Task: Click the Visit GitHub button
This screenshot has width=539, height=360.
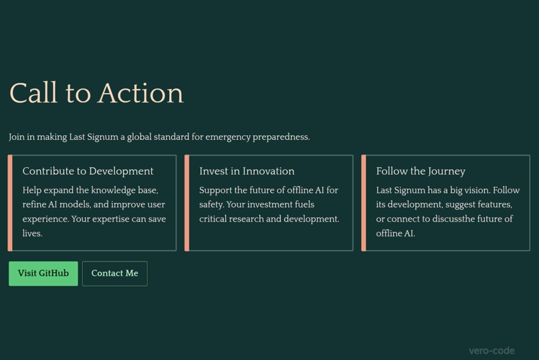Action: tap(43, 273)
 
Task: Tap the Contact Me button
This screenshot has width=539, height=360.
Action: tap(114, 273)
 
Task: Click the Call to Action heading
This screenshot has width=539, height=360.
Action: tap(96, 93)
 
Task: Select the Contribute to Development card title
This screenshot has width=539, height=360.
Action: tap(88, 171)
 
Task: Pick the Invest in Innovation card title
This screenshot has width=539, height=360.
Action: tap(247, 171)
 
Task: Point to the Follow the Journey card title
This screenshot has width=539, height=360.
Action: tap(421, 171)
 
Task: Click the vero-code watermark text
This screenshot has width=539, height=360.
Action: tap(492, 350)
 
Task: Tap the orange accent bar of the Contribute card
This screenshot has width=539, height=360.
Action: tap(10, 203)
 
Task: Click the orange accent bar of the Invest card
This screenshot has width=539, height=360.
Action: tap(187, 203)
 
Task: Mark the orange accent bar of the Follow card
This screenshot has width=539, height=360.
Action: tap(364, 203)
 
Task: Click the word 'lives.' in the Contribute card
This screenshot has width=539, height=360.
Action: tap(32, 234)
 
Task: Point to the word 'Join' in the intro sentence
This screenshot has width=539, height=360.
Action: tap(17, 137)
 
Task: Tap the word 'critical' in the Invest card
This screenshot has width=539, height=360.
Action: tap(215, 219)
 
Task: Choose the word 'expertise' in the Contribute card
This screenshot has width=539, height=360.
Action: tap(119, 219)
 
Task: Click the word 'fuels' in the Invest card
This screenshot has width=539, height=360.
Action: tap(305, 205)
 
